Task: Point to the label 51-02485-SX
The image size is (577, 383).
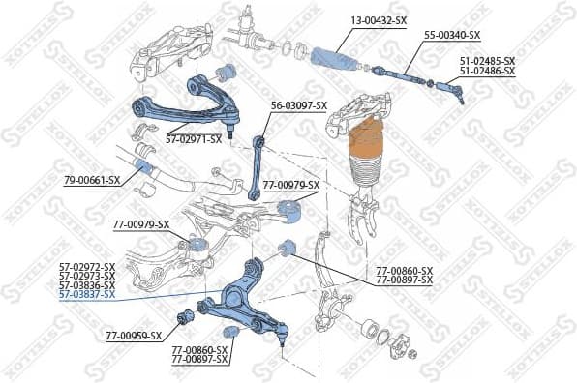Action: [487, 62]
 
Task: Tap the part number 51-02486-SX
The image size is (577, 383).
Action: [487, 72]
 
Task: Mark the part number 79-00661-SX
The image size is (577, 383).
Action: [92, 180]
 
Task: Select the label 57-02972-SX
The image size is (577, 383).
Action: [86, 265]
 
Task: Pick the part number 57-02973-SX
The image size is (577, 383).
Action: [86, 275]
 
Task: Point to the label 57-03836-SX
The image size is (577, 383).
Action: [86, 284]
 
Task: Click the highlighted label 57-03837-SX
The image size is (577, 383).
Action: [86, 294]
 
